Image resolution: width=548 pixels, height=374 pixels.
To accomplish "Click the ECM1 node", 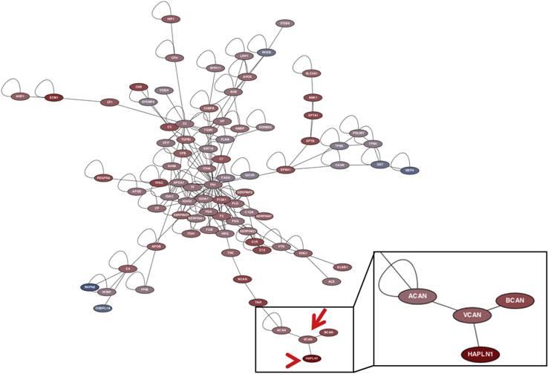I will click(53, 97).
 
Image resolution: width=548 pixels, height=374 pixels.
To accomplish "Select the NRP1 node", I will click(20, 96).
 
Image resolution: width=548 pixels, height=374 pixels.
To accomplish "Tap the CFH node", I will click(174, 58).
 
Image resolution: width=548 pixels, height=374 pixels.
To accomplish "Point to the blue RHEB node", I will click(267, 53).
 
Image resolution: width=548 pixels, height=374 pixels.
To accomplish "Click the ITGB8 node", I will click(285, 24).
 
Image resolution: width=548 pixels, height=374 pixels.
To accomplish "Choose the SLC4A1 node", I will click(312, 73).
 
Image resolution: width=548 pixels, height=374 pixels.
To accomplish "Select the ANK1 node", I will click(313, 97).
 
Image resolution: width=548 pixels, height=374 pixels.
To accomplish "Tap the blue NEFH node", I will click(409, 171).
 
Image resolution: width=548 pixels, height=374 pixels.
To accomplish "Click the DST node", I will click(380, 164).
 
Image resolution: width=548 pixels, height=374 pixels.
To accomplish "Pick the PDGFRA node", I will click(104, 178).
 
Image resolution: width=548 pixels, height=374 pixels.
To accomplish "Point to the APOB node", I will click(156, 246).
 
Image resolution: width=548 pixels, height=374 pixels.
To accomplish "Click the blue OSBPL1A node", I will click(103, 308).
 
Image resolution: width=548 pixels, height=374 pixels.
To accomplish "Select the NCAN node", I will click(242, 279).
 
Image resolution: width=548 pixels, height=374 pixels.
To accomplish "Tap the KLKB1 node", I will click(342, 267).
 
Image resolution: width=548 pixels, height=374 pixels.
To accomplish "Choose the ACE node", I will click(331, 281).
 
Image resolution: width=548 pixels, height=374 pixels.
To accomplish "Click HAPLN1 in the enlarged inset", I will click(480, 354).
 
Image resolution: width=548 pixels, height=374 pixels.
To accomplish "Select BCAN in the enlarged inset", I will click(515, 301).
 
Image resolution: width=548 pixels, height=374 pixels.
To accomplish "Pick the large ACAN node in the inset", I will click(417, 297).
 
